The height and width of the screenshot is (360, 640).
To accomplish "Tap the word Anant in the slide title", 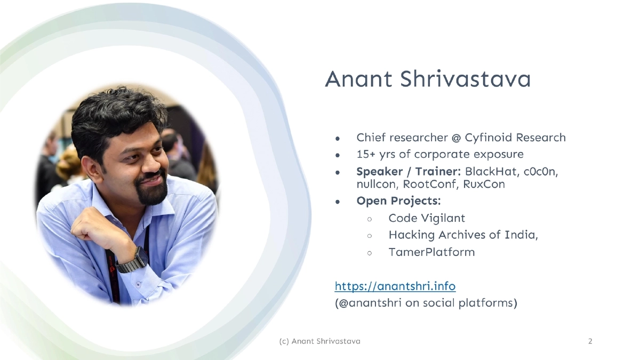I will pyautogui.click(x=358, y=79).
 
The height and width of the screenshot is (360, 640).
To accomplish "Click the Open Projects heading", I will pyautogui.click(x=398, y=201).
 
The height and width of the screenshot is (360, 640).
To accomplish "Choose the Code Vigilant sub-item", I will pyautogui.click(x=427, y=218).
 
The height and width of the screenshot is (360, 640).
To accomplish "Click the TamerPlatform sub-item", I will pyautogui.click(x=431, y=252).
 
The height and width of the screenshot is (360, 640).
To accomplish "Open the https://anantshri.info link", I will pyautogui.click(x=395, y=286).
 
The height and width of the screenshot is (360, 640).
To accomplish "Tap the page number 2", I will pyautogui.click(x=590, y=341).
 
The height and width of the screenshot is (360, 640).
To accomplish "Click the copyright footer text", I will pyautogui.click(x=319, y=341).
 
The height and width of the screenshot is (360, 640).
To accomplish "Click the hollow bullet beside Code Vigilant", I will pyautogui.click(x=369, y=219).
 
